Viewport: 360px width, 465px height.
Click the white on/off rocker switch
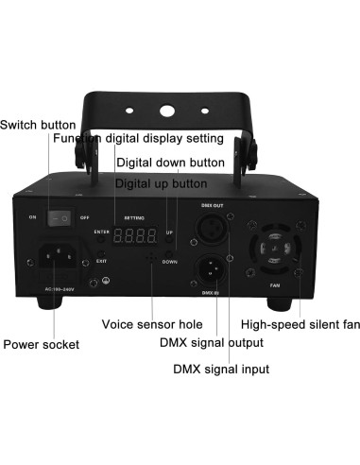tap(60, 217)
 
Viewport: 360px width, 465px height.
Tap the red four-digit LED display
tap(136, 232)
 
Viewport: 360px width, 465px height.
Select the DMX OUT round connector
tap(212, 228)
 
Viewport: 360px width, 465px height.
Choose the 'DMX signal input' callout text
tap(220, 369)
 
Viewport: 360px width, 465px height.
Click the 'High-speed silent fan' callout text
tap(300, 323)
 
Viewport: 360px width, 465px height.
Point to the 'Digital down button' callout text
tap(171, 162)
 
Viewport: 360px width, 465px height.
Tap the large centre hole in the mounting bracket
tap(167, 111)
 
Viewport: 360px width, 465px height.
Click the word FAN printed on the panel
tap(273, 284)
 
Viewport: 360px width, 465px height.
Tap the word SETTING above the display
tap(133, 216)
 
